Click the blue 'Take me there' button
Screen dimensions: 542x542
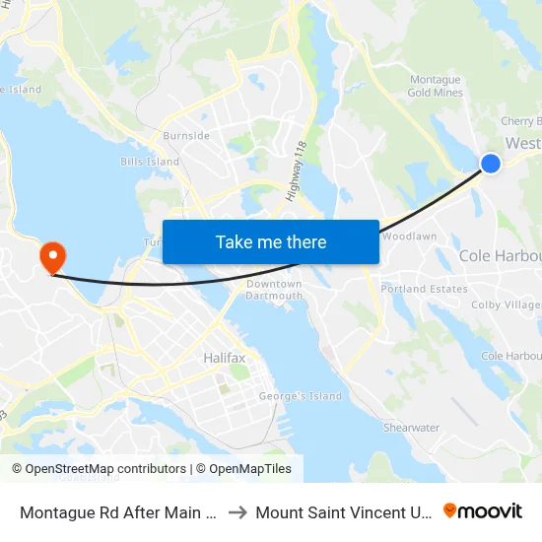tap(270, 241)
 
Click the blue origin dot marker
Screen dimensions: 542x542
tap(490, 164)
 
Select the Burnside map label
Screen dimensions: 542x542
tap(186, 135)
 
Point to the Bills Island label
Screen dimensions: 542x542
tap(150, 162)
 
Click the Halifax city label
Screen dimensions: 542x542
tap(224, 358)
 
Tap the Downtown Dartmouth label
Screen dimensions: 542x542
tap(274, 290)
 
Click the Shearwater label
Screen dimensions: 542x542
tap(411, 428)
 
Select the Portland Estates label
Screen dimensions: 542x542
tap(424, 289)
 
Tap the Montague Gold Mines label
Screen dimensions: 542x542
tap(435, 86)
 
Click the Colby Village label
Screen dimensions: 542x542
tap(507, 305)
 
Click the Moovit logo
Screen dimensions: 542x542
tap(483, 510)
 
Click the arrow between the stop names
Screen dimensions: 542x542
tap(237, 512)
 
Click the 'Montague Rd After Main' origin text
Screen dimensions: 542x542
tap(119, 512)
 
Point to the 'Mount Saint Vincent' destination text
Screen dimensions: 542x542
tap(343, 512)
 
